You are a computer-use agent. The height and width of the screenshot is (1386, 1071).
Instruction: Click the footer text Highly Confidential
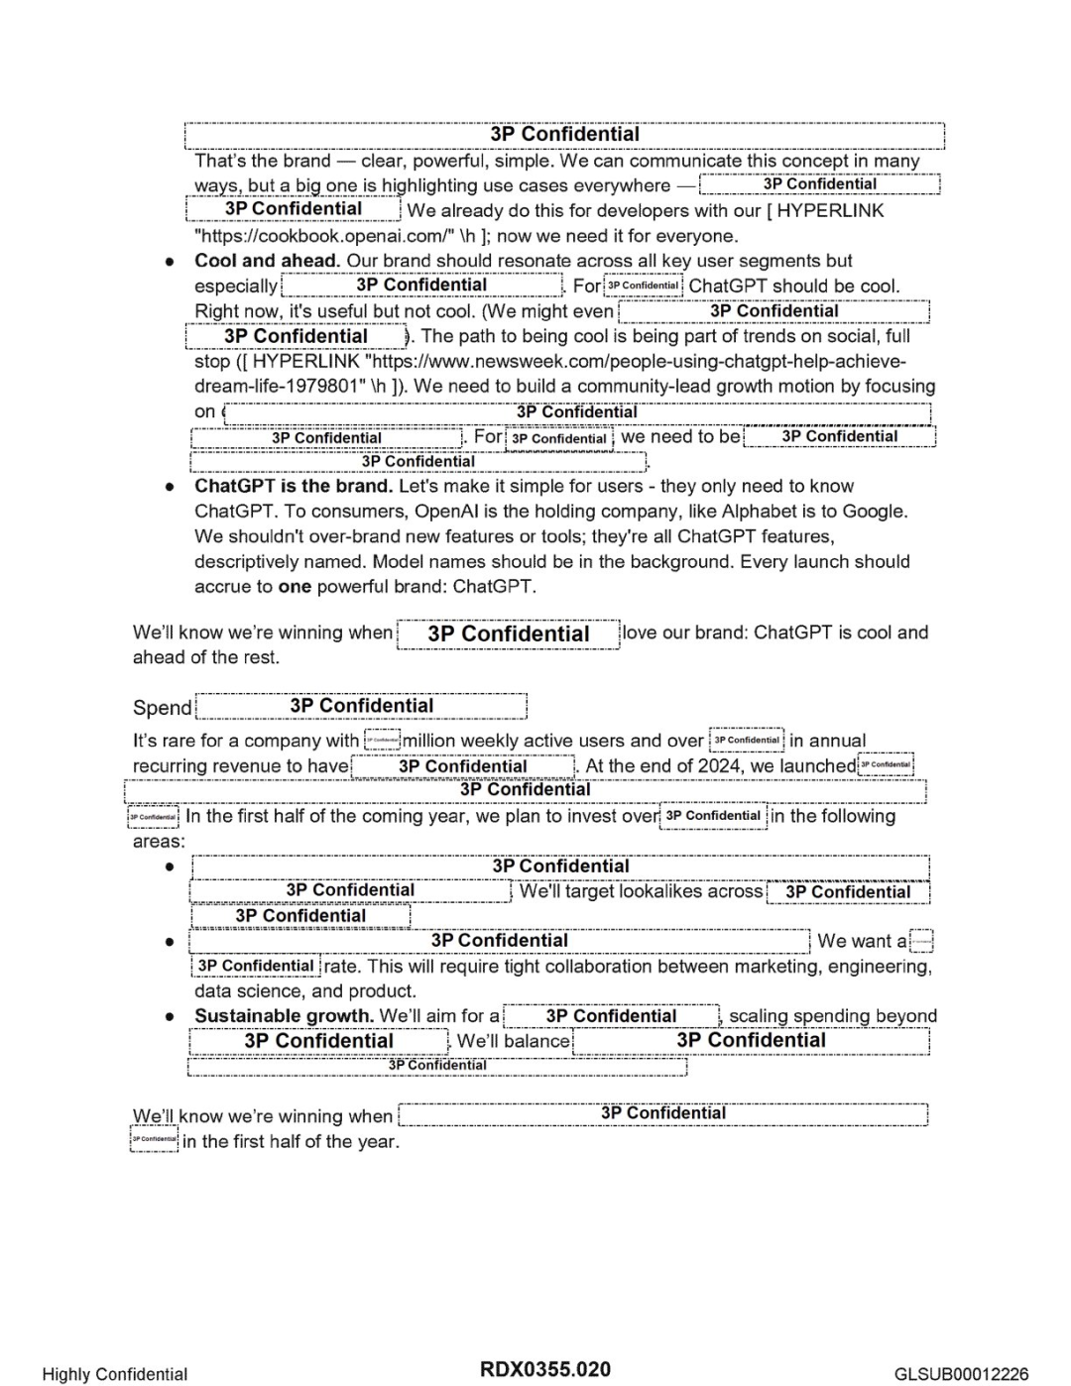tap(114, 1374)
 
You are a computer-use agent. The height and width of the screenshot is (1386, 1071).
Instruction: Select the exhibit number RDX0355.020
tap(545, 1370)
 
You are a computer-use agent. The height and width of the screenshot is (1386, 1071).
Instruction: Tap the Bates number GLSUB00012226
tap(961, 1374)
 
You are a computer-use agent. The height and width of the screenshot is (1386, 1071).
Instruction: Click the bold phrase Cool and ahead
tap(267, 261)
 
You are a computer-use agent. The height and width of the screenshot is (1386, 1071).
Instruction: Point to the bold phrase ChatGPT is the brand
tap(294, 486)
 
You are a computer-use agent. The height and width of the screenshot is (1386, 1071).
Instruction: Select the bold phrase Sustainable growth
tap(284, 1016)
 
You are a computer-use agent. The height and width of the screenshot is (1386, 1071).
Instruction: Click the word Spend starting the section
tap(162, 708)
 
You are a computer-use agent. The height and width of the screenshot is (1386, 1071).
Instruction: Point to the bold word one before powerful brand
tap(295, 587)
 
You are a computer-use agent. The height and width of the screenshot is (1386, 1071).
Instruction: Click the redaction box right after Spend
tap(362, 706)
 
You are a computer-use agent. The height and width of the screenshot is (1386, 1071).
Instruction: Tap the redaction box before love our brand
tap(509, 635)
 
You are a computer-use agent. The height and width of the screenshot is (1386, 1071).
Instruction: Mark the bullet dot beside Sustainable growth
tap(171, 1017)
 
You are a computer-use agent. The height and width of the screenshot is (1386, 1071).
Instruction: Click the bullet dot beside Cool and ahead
tap(171, 262)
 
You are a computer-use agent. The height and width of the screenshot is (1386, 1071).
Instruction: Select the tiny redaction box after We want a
tap(921, 941)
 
